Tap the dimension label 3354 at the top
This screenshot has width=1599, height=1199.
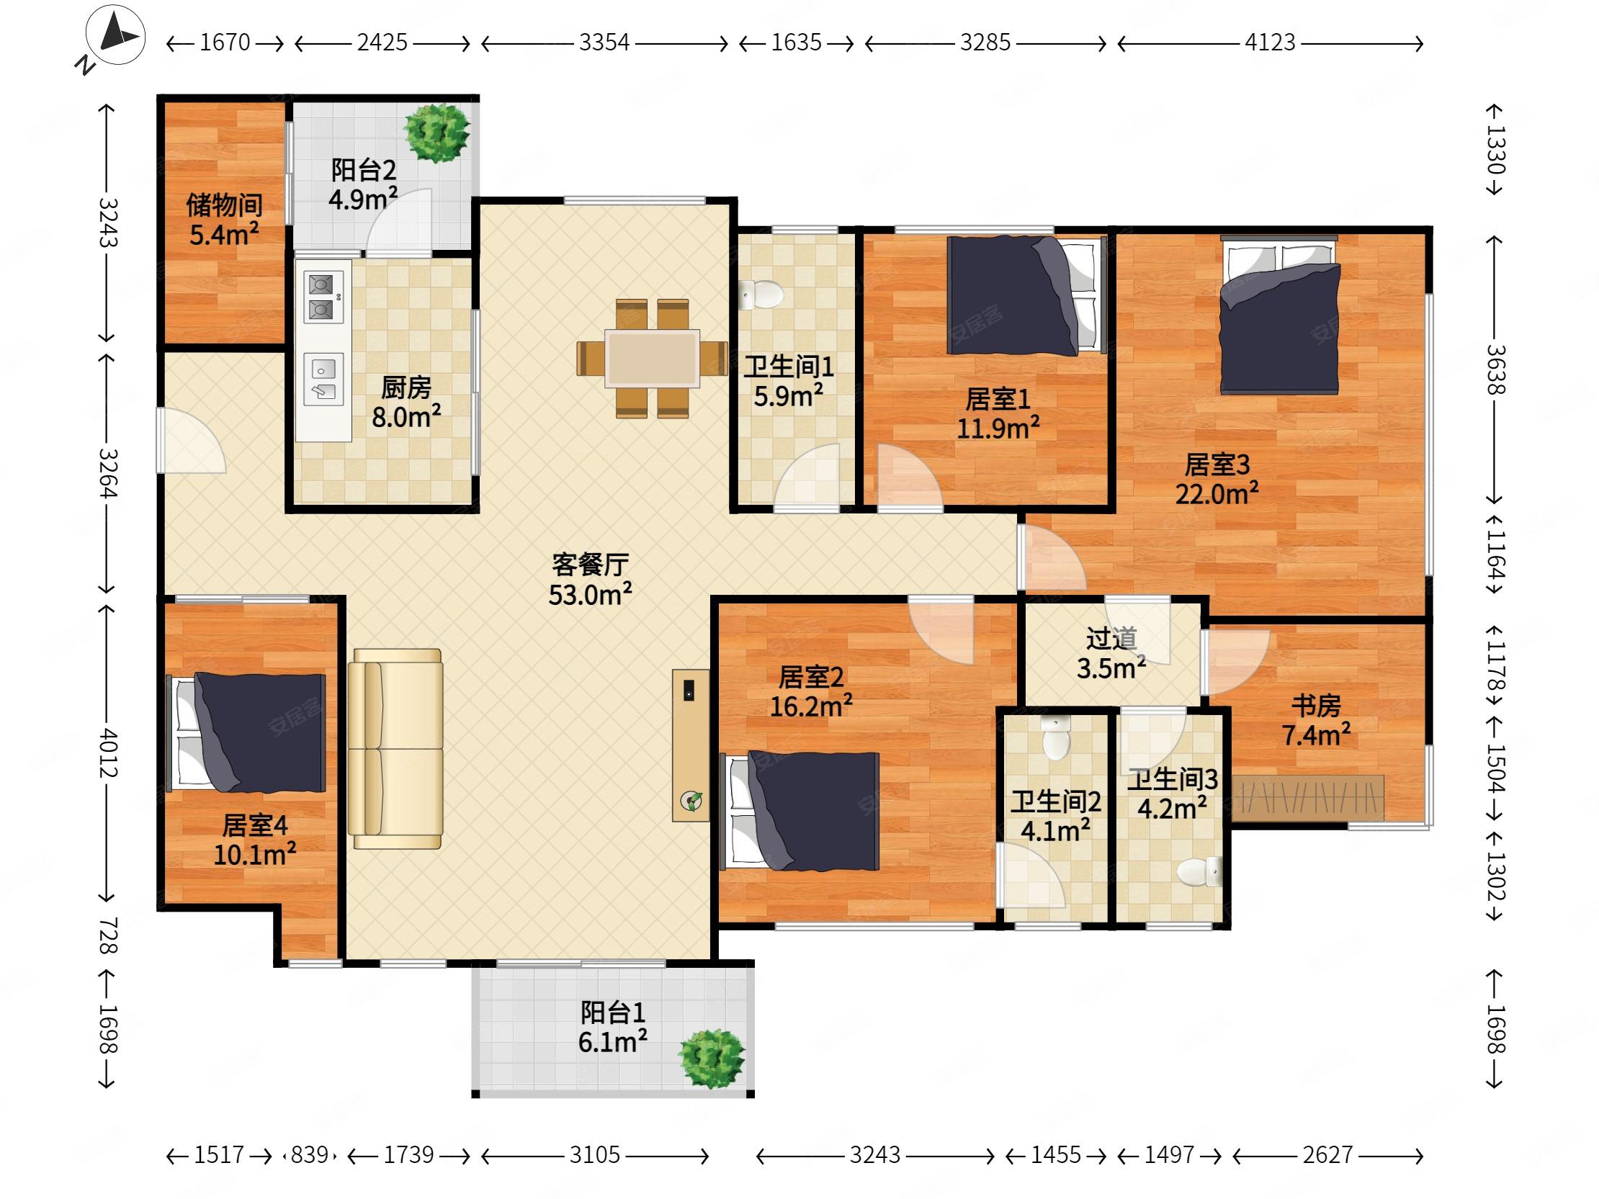[x=604, y=42]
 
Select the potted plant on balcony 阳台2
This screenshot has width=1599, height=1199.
[x=436, y=133]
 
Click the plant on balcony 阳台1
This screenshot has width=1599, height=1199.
[x=712, y=1058]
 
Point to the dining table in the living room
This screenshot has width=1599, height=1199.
[x=652, y=359]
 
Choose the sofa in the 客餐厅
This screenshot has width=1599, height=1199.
[x=395, y=749]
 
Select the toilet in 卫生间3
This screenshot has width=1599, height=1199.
[x=1199, y=871]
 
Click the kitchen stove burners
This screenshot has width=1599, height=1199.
[x=323, y=297]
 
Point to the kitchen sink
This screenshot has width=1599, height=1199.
[x=323, y=380]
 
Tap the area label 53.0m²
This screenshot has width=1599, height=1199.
[x=590, y=595]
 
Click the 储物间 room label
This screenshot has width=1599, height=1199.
[x=224, y=205]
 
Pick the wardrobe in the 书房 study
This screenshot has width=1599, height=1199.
[x=1308, y=799]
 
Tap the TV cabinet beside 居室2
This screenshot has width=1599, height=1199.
[x=691, y=745]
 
